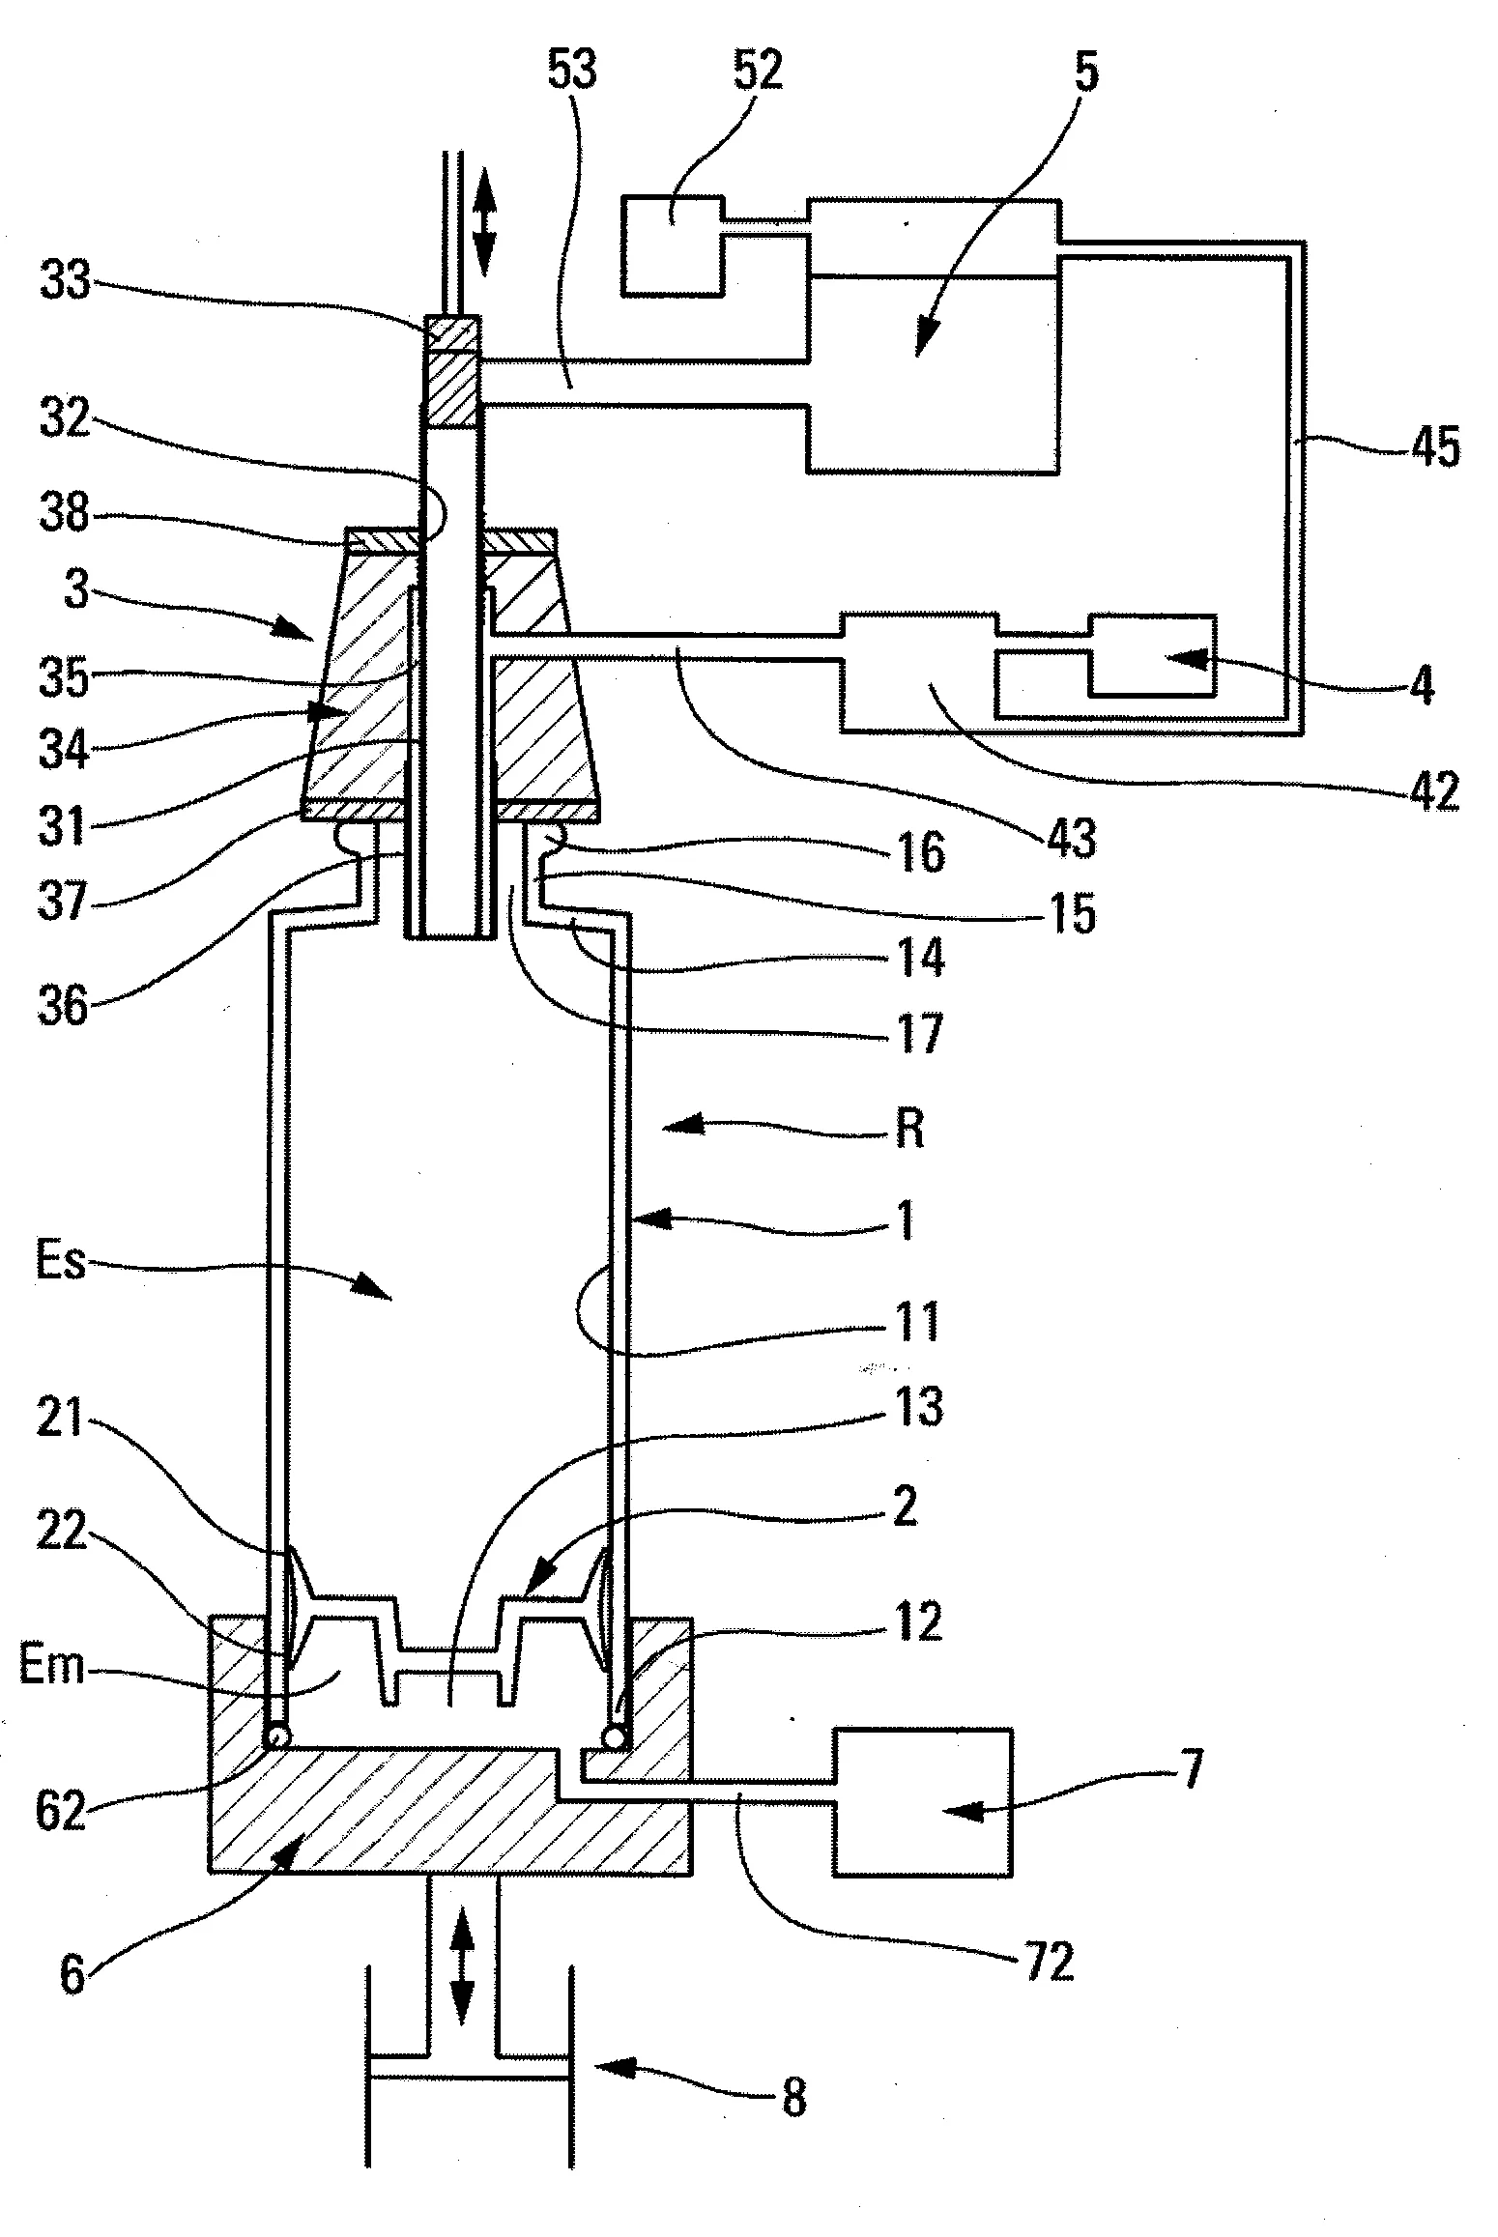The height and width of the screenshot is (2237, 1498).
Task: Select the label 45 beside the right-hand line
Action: pos(1434,448)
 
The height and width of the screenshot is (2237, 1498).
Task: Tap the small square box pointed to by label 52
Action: pos(673,245)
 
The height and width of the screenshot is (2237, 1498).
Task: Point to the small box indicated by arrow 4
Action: pos(1152,654)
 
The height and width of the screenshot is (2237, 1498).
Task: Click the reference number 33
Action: pos(64,282)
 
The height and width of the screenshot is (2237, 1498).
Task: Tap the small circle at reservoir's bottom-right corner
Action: pos(614,1736)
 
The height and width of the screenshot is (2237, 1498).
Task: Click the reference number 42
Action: pos(1433,791)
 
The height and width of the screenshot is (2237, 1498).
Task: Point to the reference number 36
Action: pos(63,1006)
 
